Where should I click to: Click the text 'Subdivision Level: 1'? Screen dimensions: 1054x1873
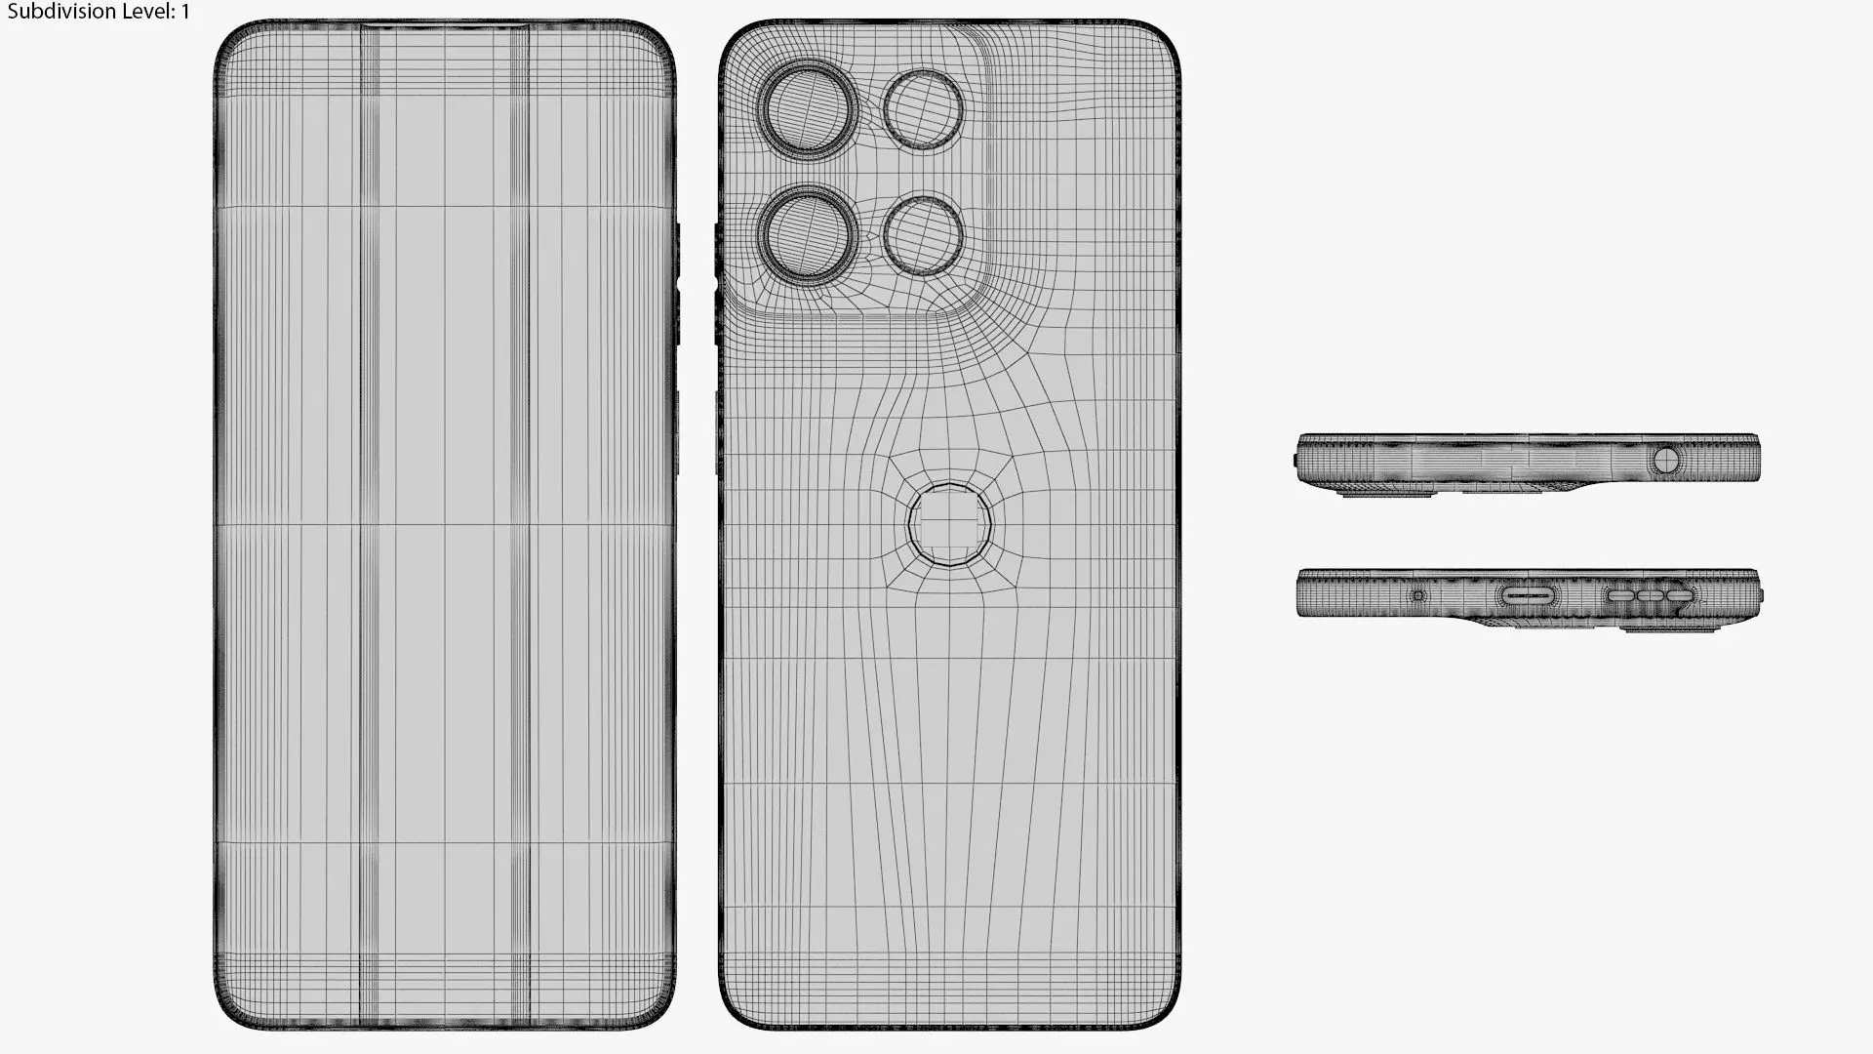(x=99, y=12)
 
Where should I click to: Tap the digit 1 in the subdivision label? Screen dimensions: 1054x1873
(x=185, y=12)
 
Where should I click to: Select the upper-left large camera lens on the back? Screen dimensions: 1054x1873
(x=809, y=109)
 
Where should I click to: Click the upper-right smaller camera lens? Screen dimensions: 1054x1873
(x=923, y=108)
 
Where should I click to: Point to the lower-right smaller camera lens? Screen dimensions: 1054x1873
(x=923, y=235)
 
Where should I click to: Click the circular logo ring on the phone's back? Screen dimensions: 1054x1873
(x=949, y=525)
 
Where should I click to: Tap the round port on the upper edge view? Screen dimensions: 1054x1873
(x=1666, y=459)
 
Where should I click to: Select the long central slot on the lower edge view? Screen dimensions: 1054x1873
(x=1528, y=594)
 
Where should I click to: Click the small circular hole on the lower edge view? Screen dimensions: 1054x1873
(x=1418, y=595)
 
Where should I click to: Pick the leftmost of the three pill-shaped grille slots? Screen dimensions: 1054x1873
(x=1620, y=595)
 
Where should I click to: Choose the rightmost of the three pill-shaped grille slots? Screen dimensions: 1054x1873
(x=1679, y=595)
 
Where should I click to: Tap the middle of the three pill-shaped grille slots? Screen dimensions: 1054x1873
(x=1650, y=595)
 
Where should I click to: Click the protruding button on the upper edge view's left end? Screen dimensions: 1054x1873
(x=1295, y=460)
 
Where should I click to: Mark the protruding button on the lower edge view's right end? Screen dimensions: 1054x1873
(x=1761, y=594)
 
